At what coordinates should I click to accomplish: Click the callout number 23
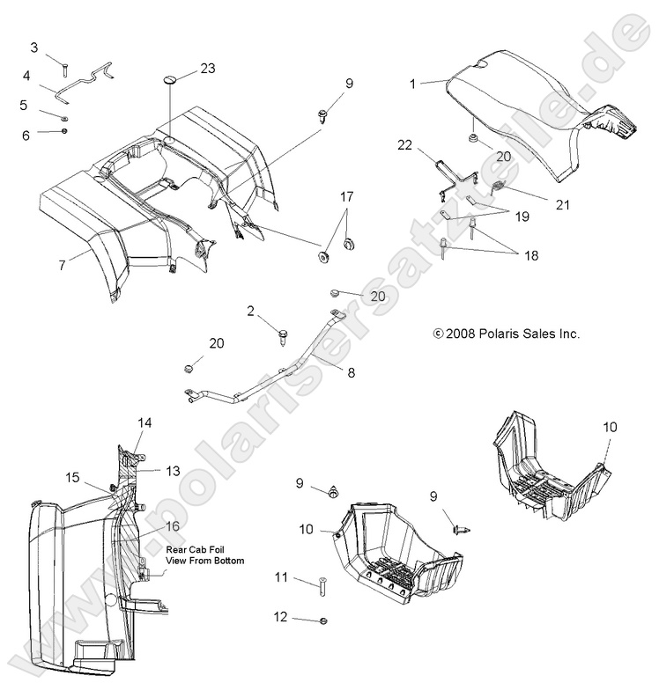tap(207, 69)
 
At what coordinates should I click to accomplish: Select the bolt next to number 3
tap(64, 63)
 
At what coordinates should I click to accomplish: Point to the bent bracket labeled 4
tap(84, 82)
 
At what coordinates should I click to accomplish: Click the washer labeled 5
tap(65, 116)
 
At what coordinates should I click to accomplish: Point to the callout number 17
tap(347, 196)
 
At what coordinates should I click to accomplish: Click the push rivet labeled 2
tap(285, 334)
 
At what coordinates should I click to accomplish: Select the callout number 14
tap(144, 422)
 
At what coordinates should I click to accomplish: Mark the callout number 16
tap(172, 526)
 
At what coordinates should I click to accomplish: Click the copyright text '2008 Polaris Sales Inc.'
tap(507, 334)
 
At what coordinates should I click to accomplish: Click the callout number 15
tap(73, 477)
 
